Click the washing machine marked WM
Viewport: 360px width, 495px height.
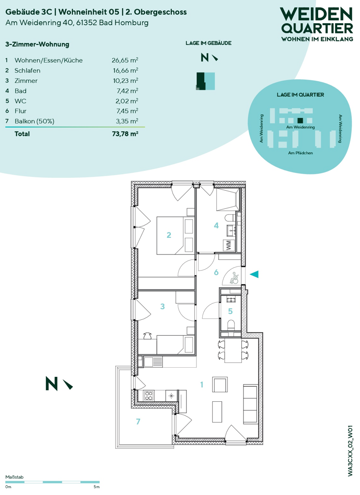(x=229, y=245)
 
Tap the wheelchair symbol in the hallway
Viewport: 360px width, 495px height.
(x=234, y=278)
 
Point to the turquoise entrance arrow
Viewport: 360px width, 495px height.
(x=254, y=274)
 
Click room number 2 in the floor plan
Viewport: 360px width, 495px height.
(x=169, y=235)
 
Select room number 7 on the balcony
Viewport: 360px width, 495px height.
(x=138, y=422)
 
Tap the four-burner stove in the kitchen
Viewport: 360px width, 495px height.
(x=149, y=395)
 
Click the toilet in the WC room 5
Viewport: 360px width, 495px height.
(x=231, y=325)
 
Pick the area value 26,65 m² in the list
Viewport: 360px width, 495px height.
(x=125, y=60)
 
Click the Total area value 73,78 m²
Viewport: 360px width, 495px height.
(x=125, y=134)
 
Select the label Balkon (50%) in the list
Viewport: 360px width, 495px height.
(x=35, y=121)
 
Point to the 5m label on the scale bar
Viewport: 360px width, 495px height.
(x=96, y=487)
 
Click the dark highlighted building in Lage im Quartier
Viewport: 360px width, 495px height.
(x=300, y=120)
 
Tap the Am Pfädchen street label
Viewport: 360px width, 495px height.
(x=300, y=153)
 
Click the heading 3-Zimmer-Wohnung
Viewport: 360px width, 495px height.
(x=37, y=44)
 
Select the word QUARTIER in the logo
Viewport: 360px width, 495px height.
(x=317, y=28)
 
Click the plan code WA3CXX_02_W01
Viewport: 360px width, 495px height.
(x=350, y=451)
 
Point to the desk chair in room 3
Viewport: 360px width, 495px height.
(x=148, y=336)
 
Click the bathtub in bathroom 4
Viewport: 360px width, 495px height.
(x=227, y=200)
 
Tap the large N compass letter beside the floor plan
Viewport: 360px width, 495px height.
(x=52, y=384)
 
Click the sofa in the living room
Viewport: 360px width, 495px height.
(x=250, y=404)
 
